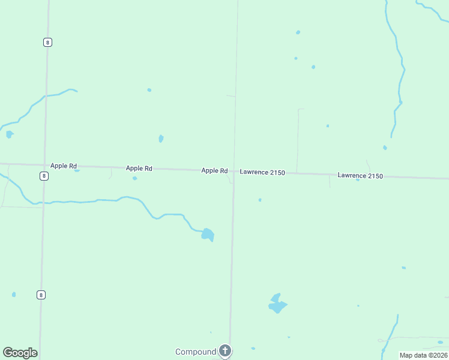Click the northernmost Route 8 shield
pos(47,41)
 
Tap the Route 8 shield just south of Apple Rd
pos(44,176)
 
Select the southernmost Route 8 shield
pos(41,295)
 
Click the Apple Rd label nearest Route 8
pos(64,166)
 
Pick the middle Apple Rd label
pos(139,169)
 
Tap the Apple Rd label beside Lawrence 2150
pos(214,170)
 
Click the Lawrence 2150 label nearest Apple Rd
pos(262,172)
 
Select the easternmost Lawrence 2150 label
pos(360,175)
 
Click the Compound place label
pos(194,352)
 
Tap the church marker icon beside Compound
pos(225,350)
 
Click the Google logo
pos(20,353)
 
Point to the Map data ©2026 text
pos(423,355)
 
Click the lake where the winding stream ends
pos(208,234)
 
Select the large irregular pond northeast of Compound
pos(277,304)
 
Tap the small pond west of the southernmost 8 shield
pos(14,295)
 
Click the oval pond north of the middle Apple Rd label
pos(161,139)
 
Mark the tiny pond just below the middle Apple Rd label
pos(134,178)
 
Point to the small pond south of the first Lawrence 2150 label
pos(260,200)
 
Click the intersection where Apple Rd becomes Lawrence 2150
pos(234,171)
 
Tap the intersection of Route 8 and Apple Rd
pos(45,165)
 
